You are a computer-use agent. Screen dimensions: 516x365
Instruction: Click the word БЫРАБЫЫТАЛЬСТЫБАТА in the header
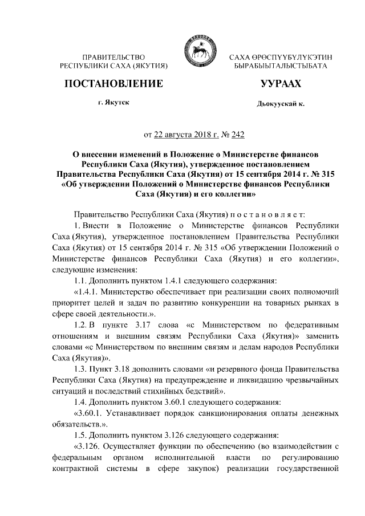pyautogui.click(x=281, y=67)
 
